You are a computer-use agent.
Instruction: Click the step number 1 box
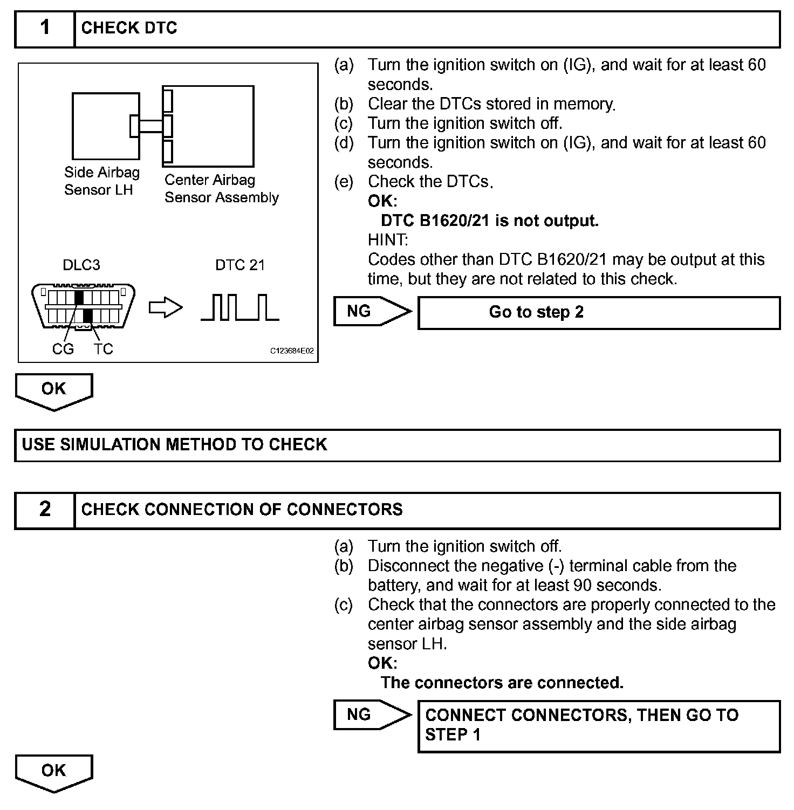[x=45, y=28]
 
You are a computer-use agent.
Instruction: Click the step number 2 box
[x=45, y=510]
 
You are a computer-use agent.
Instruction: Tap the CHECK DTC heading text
[x=129, y=28]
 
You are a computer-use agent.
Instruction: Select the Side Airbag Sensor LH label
[x=101, y=181]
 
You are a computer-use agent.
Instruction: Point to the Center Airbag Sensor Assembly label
[x=221, y=188]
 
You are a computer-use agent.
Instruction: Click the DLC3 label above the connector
[x=81, y=265]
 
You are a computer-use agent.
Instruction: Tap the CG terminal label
[x=63, y=349]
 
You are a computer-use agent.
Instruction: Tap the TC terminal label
[x=103, y=349]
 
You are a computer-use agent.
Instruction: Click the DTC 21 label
[x=240, y=265]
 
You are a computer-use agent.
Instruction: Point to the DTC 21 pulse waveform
[x=240, y=307]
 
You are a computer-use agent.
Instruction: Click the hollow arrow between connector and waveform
[x=166, y=308]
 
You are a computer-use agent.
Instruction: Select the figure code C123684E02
[x=291, y=351]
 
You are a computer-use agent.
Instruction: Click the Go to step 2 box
[x=599, y=312]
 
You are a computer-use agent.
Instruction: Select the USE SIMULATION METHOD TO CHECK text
[x=175, y=444]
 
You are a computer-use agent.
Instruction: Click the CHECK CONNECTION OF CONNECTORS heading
[x=242, y=510]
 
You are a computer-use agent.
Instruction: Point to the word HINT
[x=388, y=239]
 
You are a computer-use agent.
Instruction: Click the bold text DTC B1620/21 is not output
[x=490, y=221]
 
